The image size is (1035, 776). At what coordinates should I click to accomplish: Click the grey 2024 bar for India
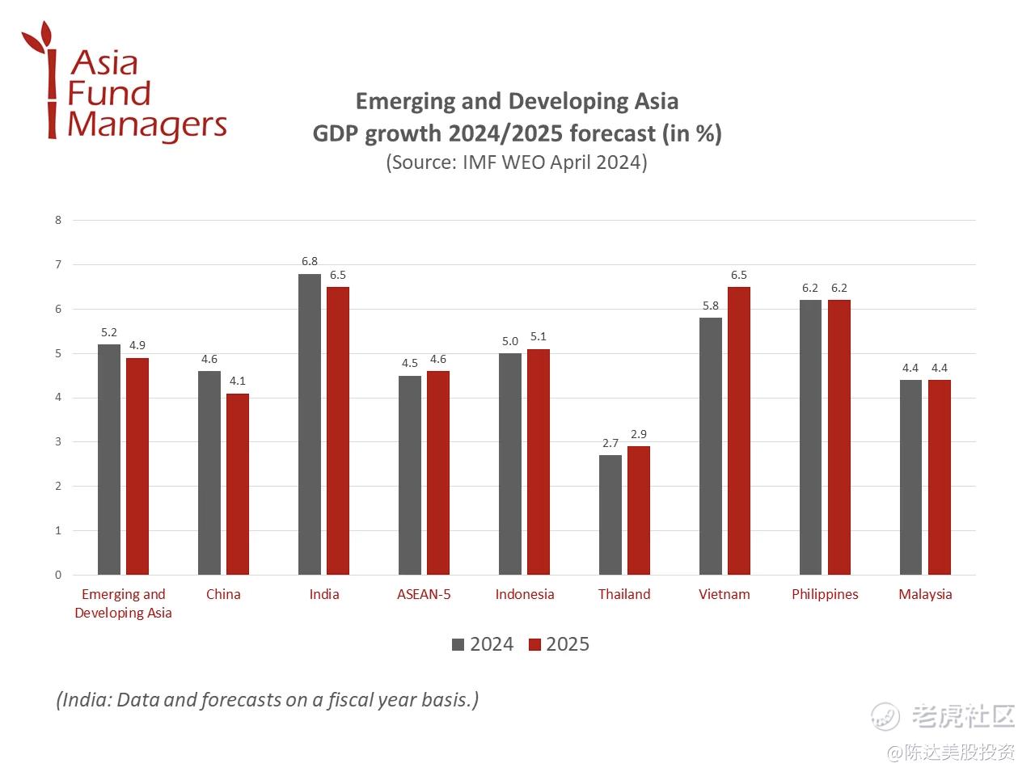click(309, 424)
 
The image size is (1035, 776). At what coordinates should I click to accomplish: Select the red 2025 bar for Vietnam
click(739, 431)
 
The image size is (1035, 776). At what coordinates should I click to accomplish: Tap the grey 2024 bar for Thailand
click(610, 515)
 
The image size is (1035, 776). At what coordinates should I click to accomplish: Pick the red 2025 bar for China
click(238, 484)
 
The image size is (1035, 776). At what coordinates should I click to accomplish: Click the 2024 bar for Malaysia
click(910, 477)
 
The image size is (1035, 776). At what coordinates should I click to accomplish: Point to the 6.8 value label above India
click(310, 261)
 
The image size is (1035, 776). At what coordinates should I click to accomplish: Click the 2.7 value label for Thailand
click(610, 443)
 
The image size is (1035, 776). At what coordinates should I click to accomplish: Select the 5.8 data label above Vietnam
click(711, 306)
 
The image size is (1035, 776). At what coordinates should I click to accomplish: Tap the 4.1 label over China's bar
click(238, 381)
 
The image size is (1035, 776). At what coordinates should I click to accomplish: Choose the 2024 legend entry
click(483, 644)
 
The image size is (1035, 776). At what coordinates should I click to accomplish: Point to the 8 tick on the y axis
click(58, 220)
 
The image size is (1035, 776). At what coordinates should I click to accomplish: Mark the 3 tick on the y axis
click(58, 442)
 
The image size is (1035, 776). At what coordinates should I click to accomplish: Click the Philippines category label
click(825, 594)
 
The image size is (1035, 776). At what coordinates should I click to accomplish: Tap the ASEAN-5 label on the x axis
click(424, 594)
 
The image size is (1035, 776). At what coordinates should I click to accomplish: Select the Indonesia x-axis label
click(525, 594)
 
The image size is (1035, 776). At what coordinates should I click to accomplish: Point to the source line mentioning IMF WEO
click(517, 162)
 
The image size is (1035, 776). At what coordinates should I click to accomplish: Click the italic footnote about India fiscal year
click(267, 699)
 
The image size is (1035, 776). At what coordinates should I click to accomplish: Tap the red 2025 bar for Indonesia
click(539, 462)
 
